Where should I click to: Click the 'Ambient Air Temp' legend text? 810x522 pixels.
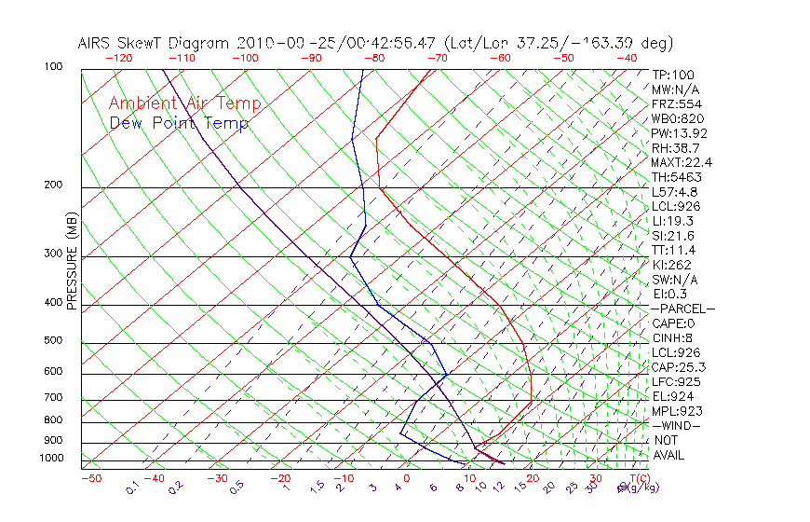184,103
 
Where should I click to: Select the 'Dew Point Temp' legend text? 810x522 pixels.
179,123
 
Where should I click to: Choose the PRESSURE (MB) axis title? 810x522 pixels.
73,262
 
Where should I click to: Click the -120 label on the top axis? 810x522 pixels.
119,57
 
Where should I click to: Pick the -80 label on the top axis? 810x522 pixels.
374,57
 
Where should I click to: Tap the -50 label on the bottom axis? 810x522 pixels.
90,478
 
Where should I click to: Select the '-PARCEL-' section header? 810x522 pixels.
683,309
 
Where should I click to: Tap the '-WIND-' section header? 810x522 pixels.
676,425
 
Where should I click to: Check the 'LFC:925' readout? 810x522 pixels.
676,381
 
